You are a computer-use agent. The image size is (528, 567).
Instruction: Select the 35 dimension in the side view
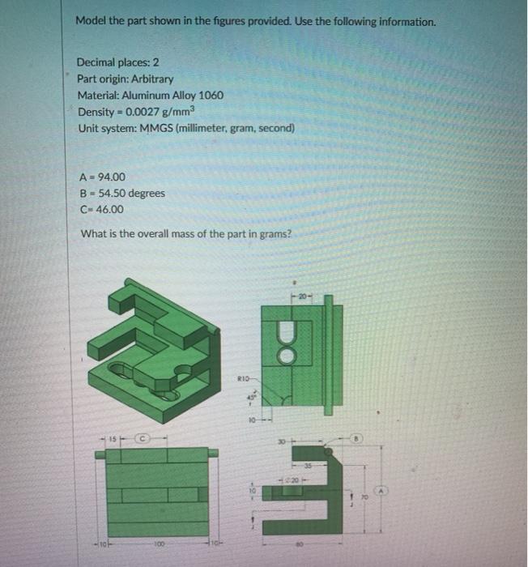click(x=330, y=466)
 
